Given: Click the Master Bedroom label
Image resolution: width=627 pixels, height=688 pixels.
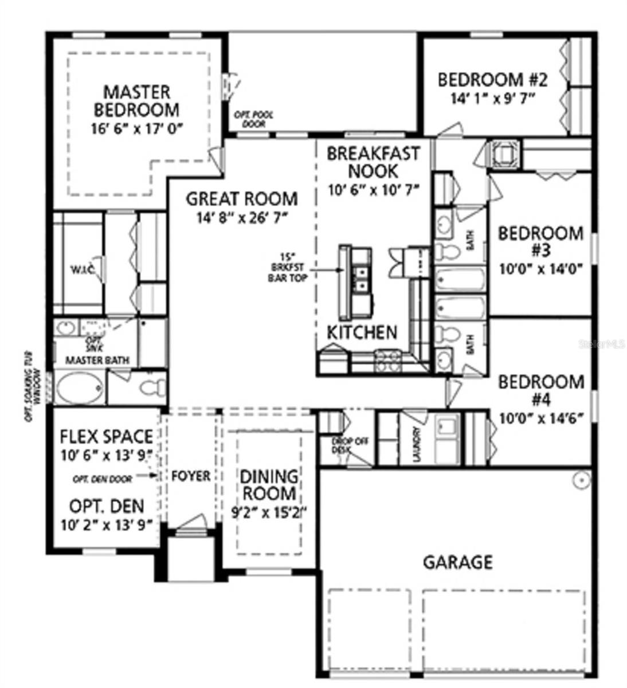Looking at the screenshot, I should (x=136, y=100).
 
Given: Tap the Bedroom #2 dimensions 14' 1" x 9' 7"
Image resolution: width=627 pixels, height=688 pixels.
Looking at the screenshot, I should (x=492, y=98).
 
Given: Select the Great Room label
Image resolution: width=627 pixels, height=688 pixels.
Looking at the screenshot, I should (x=242, y=199).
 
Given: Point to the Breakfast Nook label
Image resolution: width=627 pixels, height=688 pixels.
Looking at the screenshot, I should (x=373, y=162).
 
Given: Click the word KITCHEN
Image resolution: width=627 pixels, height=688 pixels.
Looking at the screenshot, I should (x=362, y=332).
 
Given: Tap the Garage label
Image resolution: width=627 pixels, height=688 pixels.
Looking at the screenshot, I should (x=457, y=562).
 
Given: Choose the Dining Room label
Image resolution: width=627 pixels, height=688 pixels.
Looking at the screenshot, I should (x=269, y=484).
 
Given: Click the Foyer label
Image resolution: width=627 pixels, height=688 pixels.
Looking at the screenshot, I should (x=191, y=476).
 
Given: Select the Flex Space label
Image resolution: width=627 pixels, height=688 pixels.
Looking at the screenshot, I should (x=107, y=437).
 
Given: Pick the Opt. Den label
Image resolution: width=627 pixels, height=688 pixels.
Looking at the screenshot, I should (x=107, y=506).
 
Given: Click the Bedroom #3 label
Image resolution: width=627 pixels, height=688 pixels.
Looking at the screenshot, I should (x=540, y=241).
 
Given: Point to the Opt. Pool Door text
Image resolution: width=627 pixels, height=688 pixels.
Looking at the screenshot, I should (x=253, y=119).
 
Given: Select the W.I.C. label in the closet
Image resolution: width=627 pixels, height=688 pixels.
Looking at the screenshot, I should (x=78, y=269).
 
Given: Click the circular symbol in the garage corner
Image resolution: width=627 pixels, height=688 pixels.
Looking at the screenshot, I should (x=581, y=479).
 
